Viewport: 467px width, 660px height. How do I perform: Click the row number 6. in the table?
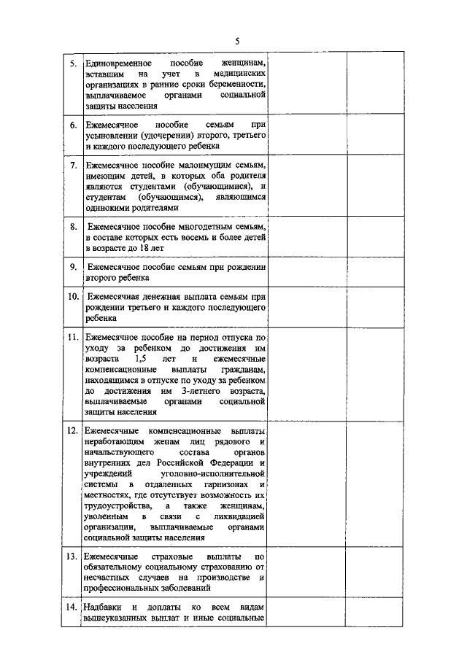(x=74, y=125)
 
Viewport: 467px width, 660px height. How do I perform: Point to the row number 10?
(x=73, y=297)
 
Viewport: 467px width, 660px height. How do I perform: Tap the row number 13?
(x=73, y=556)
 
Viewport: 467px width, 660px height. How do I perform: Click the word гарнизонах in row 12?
(x=221, y=484)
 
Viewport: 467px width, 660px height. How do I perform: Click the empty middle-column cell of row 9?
(x=307, y=273)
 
